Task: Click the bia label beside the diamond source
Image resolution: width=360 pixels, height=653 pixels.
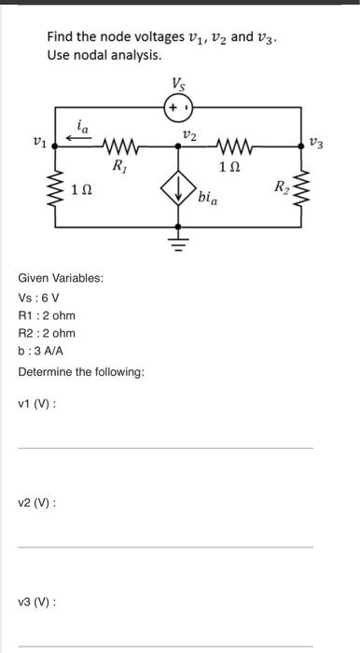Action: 207,197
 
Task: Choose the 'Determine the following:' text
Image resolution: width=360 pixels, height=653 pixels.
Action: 81,372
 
